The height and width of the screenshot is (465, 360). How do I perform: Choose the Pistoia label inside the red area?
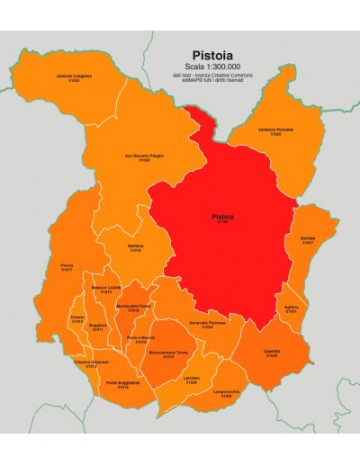pyautogui.click(x=222, y=218)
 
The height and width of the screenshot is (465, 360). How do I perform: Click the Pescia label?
pyautogui.click(x=67, y=267)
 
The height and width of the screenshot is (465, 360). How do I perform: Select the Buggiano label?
pyautogui.click(x=98, y=328)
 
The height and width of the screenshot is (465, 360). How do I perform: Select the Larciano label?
pyautogui.click(x=192, y=381)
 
